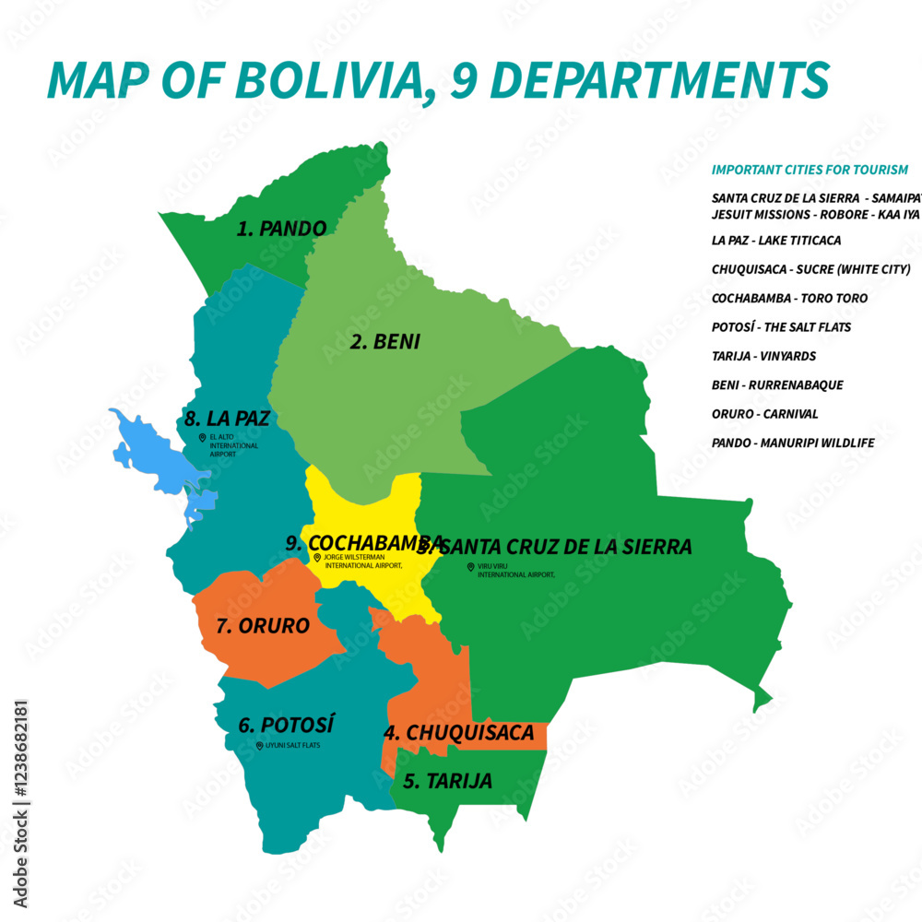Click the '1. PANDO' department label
point(281,229)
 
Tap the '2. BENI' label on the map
point(384,342)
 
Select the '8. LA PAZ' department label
point(226,419)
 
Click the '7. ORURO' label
point(262,626)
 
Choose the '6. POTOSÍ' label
point(286,725)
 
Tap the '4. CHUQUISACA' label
point(458,733)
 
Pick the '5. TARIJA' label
point(447,781)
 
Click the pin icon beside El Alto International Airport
point(202,438)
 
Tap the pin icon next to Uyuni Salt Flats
point(259,745)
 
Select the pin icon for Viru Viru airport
point(470,567)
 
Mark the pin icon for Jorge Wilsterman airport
point(317,558)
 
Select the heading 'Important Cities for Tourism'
point(810,170)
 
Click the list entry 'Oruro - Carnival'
point(764,414)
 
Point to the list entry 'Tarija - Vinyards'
point(763,356)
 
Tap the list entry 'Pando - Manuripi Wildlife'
point(793,443)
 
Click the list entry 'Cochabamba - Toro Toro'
point(789,298)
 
